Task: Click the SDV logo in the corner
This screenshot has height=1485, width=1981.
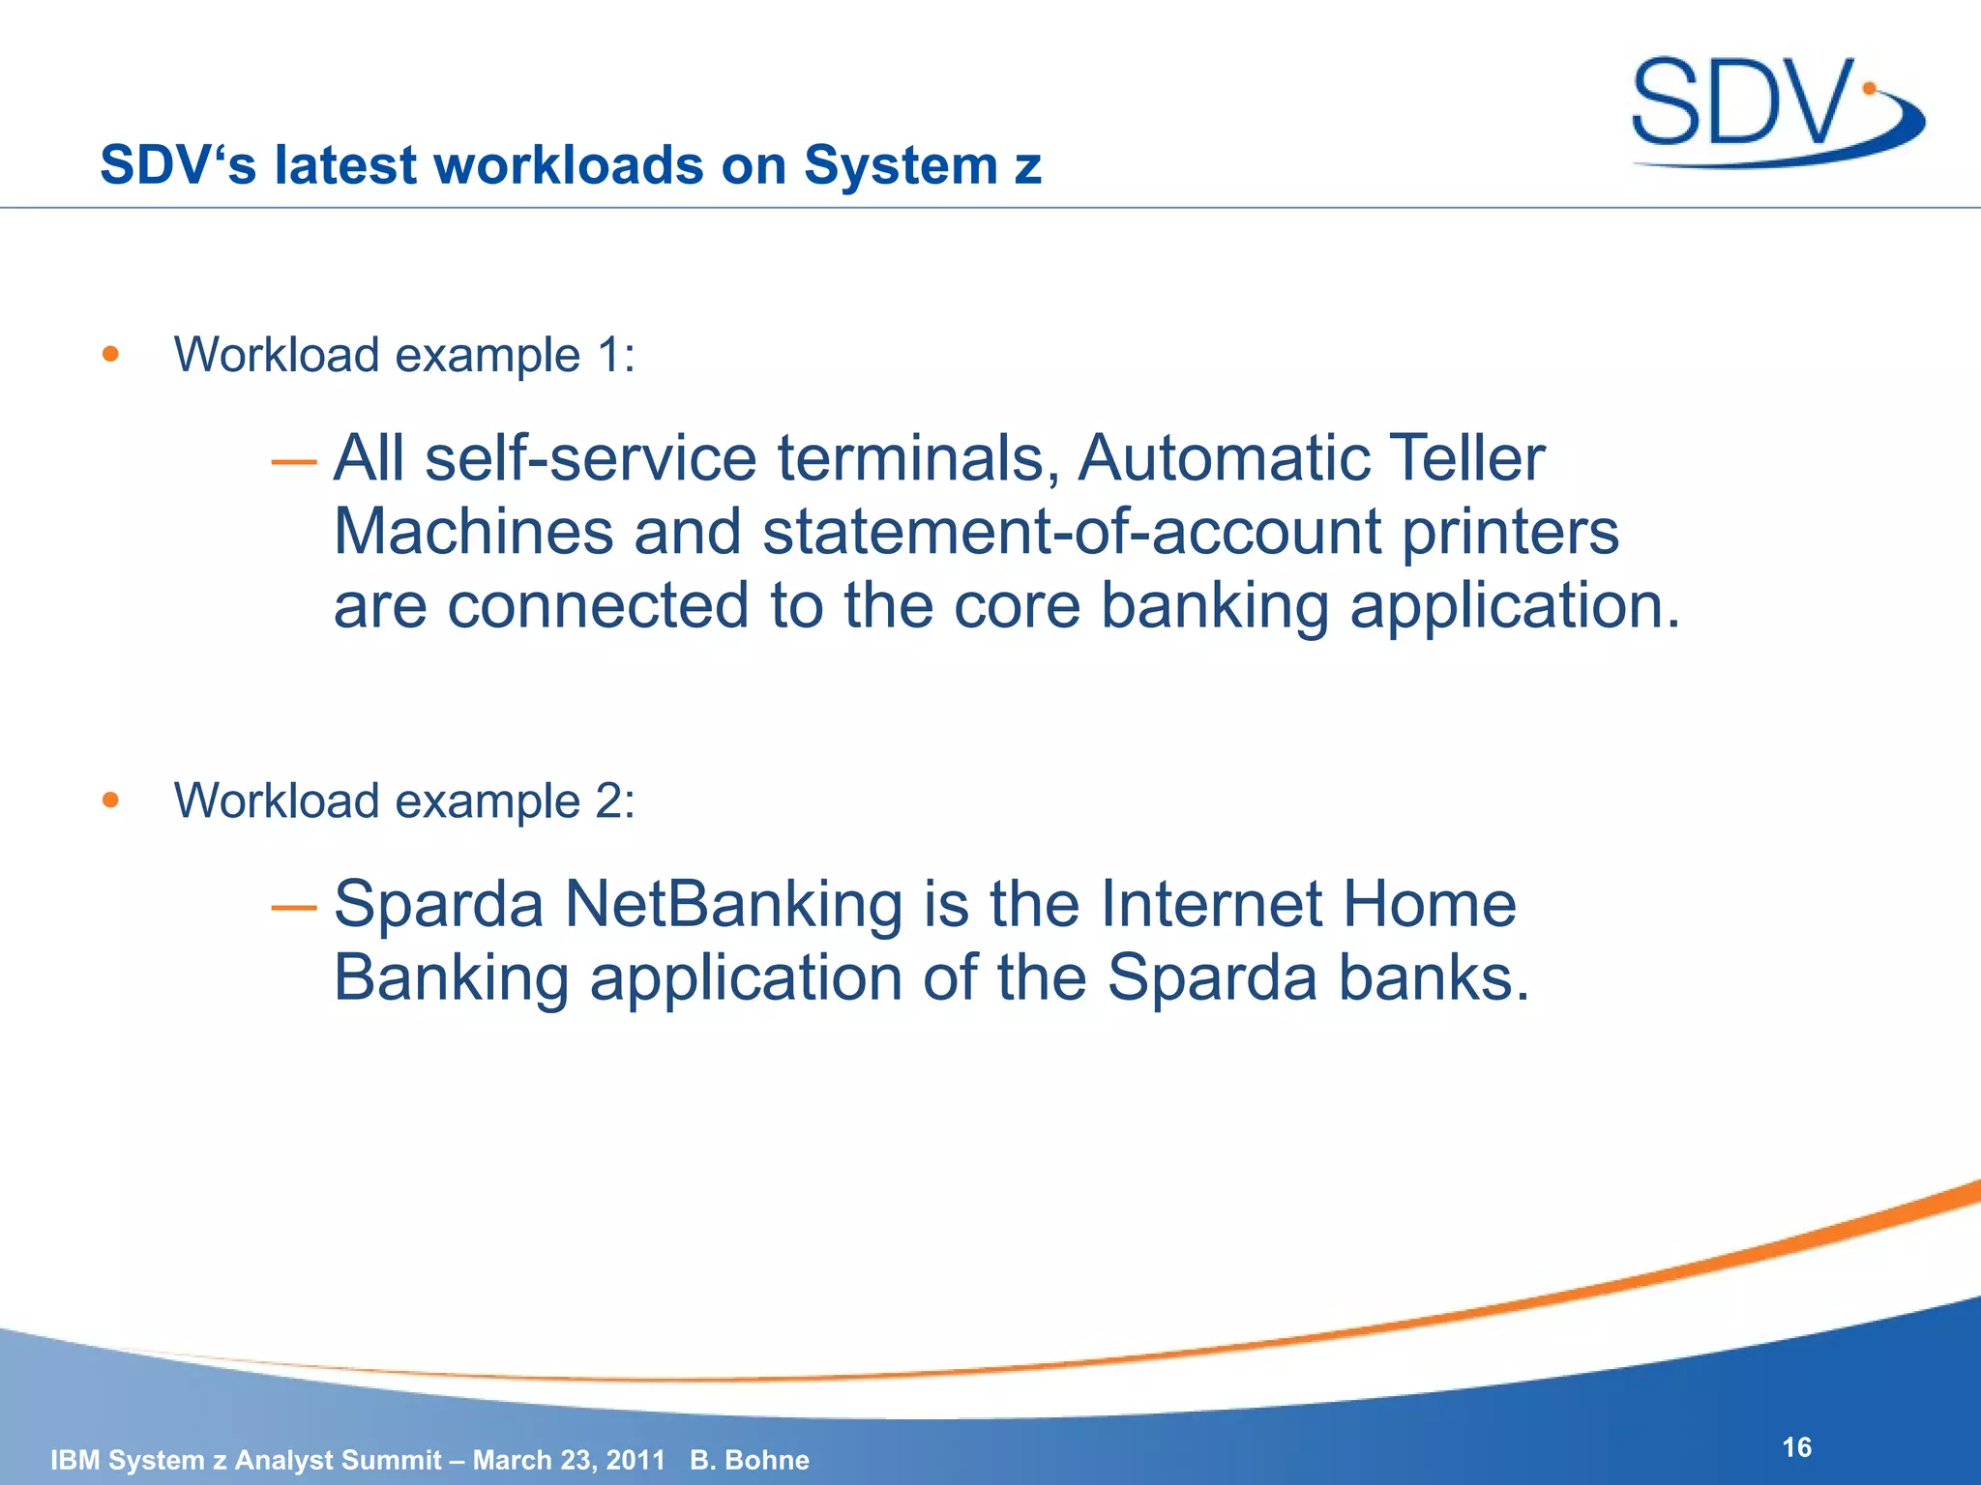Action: tap(1775, 108)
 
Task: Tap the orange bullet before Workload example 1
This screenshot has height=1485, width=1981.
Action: tap(110, 354)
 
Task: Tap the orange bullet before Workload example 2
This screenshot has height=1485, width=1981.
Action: tap(110, 800)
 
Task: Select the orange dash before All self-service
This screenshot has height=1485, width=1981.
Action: tap(293, 463)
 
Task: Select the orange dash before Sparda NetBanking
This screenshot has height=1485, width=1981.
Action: tap(293, 908)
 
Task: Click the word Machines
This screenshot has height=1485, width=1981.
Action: tap(473, 532)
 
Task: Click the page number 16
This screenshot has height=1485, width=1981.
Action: tap(1796, 1447)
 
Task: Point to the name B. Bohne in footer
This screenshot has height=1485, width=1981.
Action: tap(750, 1460)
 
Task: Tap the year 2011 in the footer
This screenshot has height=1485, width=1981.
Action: tap(636, 1460)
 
